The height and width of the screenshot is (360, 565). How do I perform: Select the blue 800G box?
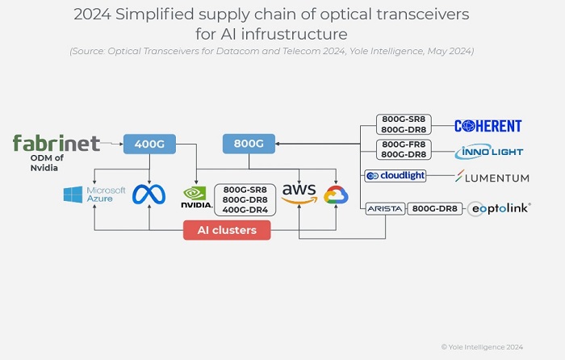click(249, 144)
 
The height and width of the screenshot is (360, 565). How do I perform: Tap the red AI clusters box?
click(227, 230)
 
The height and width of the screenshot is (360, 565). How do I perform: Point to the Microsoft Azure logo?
click(94, 195)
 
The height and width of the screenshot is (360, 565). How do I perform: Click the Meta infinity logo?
click(149, 195)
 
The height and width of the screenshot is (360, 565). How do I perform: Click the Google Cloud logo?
click(335, 195)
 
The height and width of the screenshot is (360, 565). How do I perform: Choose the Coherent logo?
click(488, 125)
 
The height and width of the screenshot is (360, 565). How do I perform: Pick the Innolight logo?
click(489, 151)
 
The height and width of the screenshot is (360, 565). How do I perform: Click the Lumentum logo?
click(492, 177)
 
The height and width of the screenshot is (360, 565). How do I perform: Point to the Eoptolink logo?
click(499, 208)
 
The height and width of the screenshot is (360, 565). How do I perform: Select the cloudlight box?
click(395, 176)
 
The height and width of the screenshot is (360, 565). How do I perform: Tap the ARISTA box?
click(384, 208)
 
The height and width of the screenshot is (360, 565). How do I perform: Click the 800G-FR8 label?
click(404, 145)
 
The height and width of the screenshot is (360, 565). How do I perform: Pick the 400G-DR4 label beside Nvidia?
click(245, 210)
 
